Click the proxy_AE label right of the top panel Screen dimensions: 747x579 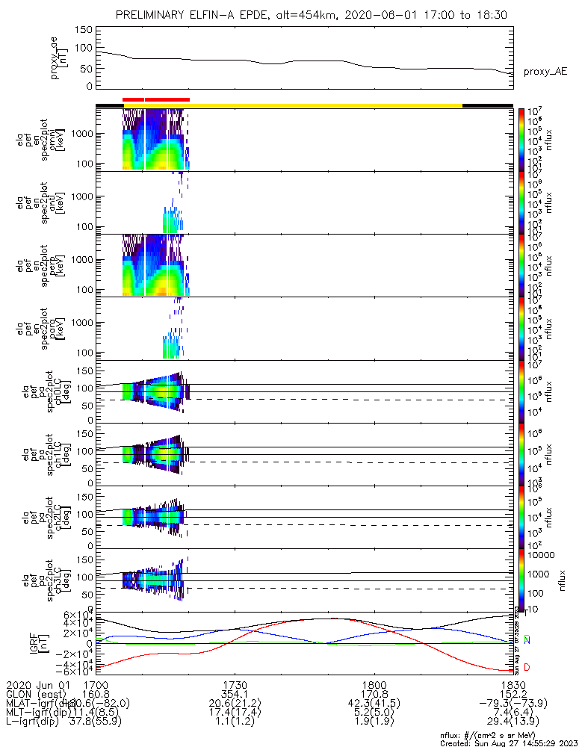(545, 72)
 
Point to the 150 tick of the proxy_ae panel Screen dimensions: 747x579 (84, 30)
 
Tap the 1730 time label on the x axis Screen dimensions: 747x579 (235, 684)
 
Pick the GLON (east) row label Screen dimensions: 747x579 (37, 694)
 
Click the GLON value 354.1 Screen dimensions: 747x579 (235, 694)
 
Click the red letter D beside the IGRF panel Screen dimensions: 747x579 (527, 666)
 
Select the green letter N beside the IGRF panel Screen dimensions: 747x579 (527, 639)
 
